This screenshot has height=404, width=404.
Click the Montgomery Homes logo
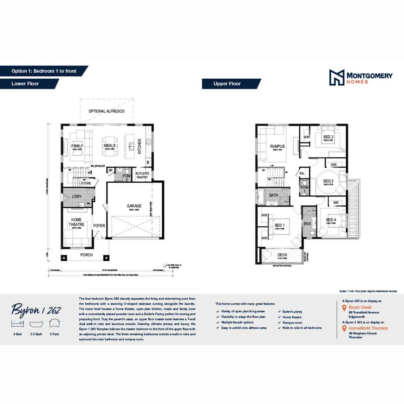(360, 77)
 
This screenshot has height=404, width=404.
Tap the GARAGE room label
(134, 206)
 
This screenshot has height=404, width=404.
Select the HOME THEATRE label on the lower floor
(77, 222)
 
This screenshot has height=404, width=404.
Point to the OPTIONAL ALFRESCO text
(106, 111)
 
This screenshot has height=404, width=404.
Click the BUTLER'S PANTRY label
(142, 175)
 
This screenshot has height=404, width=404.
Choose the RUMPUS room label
(277, 146)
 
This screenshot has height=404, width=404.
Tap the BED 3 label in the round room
(328, 181)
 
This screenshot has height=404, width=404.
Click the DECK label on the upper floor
(282, 255)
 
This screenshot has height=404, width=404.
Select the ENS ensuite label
(307, 223)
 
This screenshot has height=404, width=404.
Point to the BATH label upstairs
(274, 195)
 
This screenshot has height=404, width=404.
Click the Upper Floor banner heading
(227, 84)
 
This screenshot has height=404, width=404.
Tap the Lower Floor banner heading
(25, 84)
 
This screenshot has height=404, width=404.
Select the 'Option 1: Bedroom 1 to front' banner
(44, 71)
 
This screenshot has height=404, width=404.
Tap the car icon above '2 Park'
(54, 323)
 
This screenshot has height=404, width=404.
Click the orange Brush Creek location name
(360, 307)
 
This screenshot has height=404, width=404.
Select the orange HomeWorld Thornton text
(368, 328)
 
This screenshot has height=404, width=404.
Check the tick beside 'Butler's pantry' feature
(279, 312)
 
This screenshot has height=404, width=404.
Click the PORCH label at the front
(86, 255)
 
